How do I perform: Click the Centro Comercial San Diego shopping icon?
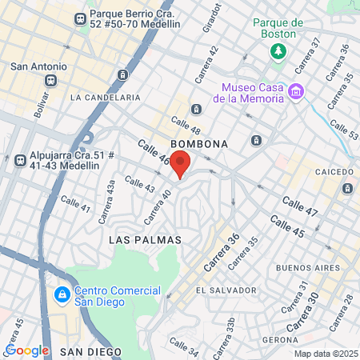(x=62, y=295)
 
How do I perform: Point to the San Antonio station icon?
(x=52, y=81)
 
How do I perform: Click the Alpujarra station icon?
(x=19, y=159)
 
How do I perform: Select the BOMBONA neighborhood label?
(x=200, y=144)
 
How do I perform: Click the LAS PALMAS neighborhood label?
(x=145, y=240)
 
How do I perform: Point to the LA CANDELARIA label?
(x=106, y=98)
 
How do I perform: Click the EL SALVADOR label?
(x=226, y=290)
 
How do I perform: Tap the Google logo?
(x=26, y=350)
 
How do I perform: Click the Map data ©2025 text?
(x=325, y=354)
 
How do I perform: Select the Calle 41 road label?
(x=75, y=204)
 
